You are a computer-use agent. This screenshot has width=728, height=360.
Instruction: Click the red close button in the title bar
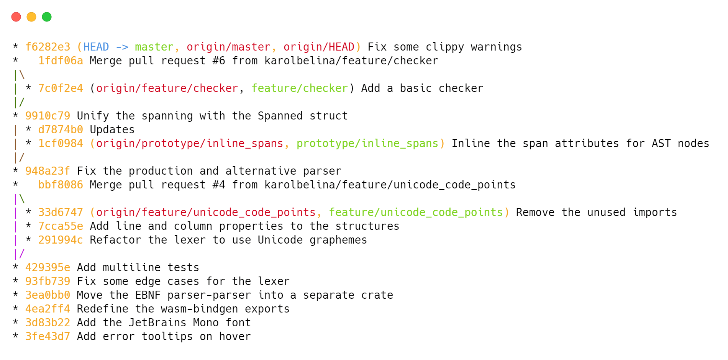(16, 17)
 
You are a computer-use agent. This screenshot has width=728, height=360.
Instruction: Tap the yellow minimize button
(31, 17)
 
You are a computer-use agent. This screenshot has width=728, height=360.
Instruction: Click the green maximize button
(47, 17)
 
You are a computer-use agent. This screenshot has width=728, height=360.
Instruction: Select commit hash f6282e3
(48, 47)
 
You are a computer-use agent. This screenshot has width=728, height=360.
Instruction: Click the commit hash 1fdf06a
(61, 61)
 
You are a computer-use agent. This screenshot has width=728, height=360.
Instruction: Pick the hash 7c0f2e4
(61, 88)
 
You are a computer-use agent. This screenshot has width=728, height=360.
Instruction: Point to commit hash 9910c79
(48, 116)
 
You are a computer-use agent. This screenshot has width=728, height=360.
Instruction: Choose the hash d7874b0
(61, 130)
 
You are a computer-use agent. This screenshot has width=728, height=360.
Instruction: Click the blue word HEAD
(96, 47)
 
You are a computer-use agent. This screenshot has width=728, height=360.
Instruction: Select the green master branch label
(154, 47)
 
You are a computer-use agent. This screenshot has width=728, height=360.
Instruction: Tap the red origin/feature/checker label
(167, 88)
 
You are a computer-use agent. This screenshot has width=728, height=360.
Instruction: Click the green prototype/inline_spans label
(367, 144)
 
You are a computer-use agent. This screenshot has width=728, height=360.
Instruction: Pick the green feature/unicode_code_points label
(416, 213)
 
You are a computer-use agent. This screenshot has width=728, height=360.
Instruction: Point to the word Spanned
(280, 116)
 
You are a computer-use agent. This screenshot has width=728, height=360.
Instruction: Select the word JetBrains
(157, 323)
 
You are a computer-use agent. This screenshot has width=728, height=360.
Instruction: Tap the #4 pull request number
(219, 185)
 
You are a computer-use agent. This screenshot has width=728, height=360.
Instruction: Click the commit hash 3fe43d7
(48, 337)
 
